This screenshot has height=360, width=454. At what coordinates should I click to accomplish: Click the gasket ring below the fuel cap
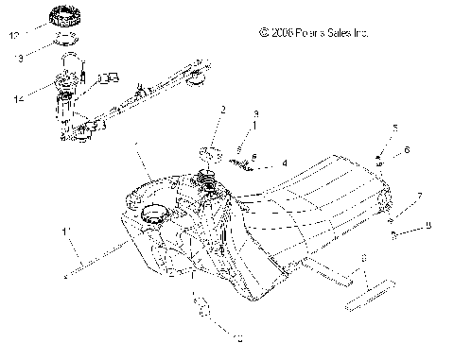coord(67,41)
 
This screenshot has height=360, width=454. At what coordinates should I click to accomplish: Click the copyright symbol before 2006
coord(263,33)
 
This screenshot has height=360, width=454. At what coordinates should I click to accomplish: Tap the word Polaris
coord(311,33)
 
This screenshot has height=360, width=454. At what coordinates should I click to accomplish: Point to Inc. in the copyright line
coord(361,33)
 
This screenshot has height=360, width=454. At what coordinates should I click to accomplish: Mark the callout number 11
coord(65,230)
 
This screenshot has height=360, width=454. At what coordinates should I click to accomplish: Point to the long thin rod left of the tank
coord(95,260)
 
